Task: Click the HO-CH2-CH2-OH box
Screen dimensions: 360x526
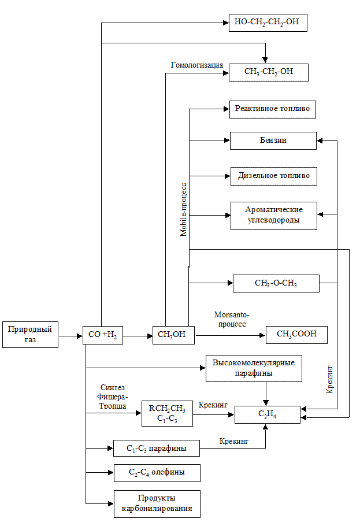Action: coord(268,23)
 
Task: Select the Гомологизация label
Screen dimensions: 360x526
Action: coord(197,65)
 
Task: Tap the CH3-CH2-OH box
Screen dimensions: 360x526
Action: coord(269,72)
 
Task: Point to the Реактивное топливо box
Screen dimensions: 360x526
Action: coord(273,109)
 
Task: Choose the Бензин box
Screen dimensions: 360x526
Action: coord(273,140)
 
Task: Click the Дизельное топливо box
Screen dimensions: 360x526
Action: coord(273,176)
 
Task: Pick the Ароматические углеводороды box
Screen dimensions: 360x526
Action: coord(273,215)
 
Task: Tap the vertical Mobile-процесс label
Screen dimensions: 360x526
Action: coord(183,208)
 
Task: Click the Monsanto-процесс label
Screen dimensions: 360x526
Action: coord(231,319)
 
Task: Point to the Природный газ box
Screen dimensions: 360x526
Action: coord(30,335)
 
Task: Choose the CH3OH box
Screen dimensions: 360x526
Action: coord(172,335)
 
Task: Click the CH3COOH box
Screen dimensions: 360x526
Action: coord(296,335)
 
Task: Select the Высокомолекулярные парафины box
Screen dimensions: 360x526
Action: coord(254,368)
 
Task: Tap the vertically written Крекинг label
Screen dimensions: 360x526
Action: coord(329,375)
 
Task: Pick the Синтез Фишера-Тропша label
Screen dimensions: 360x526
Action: coord(113,396)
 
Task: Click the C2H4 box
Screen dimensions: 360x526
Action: coord(267,414)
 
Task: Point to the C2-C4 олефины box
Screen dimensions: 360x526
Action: coord(157,473)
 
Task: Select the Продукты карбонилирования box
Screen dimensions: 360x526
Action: coord(157,503)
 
